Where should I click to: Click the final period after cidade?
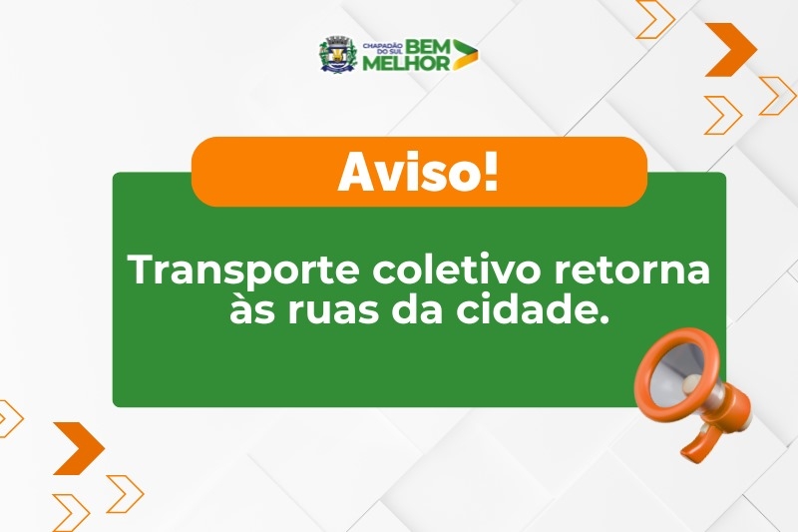[x=602, y=318]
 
